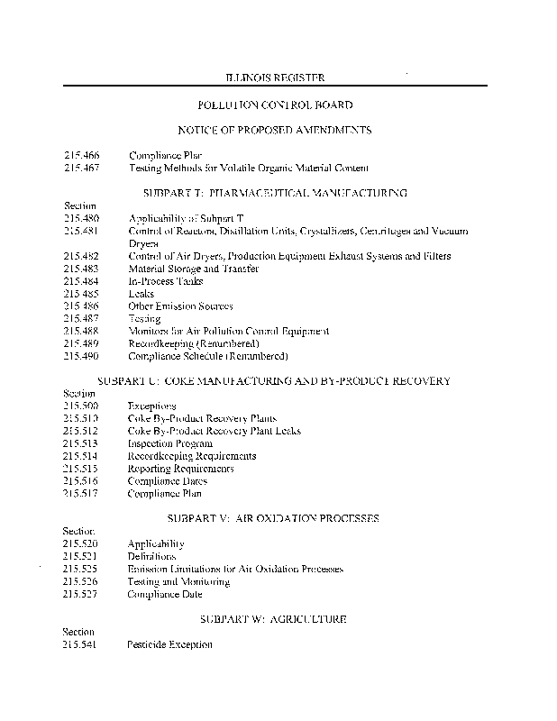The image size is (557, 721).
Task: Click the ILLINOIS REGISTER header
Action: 275,78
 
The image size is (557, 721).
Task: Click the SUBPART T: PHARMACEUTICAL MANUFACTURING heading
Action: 275,193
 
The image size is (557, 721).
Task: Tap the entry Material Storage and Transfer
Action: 193,269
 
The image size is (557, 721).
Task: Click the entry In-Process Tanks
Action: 166,281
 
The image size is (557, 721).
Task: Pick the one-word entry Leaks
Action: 142,294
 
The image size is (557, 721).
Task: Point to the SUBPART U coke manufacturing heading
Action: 273,381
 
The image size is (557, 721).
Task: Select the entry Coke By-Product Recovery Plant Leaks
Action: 214,431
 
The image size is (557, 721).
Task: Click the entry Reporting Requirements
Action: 180,469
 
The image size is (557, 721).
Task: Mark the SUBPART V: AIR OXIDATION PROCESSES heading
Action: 273,518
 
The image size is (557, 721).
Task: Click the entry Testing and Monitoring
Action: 178,581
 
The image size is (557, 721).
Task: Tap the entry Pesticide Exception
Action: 170,644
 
